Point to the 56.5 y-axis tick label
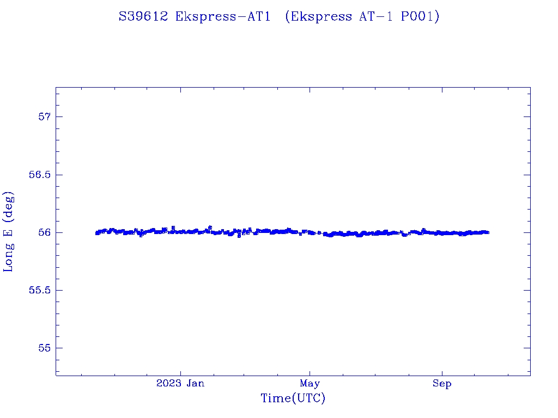pos(39,175)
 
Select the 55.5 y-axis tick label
pos(39,290)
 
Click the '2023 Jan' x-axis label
pos(180,384)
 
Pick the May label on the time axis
pos(310,384)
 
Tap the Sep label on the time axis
pos(442,384)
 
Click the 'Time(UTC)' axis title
pos(293,399)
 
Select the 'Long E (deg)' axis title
pos(9,231)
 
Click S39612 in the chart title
pos(143,17)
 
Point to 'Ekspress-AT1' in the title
pos(223,17)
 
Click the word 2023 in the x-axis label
pos(168,384)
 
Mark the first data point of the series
pos(96,233)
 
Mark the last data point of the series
pos(488,232)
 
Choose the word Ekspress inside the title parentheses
pos(322,17)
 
